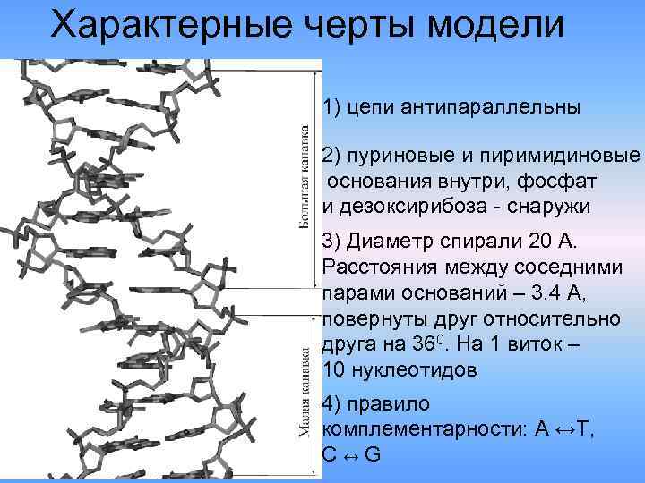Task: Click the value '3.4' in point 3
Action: [546, 293]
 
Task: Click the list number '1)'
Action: [332, 108]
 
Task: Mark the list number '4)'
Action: [332, 404]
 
